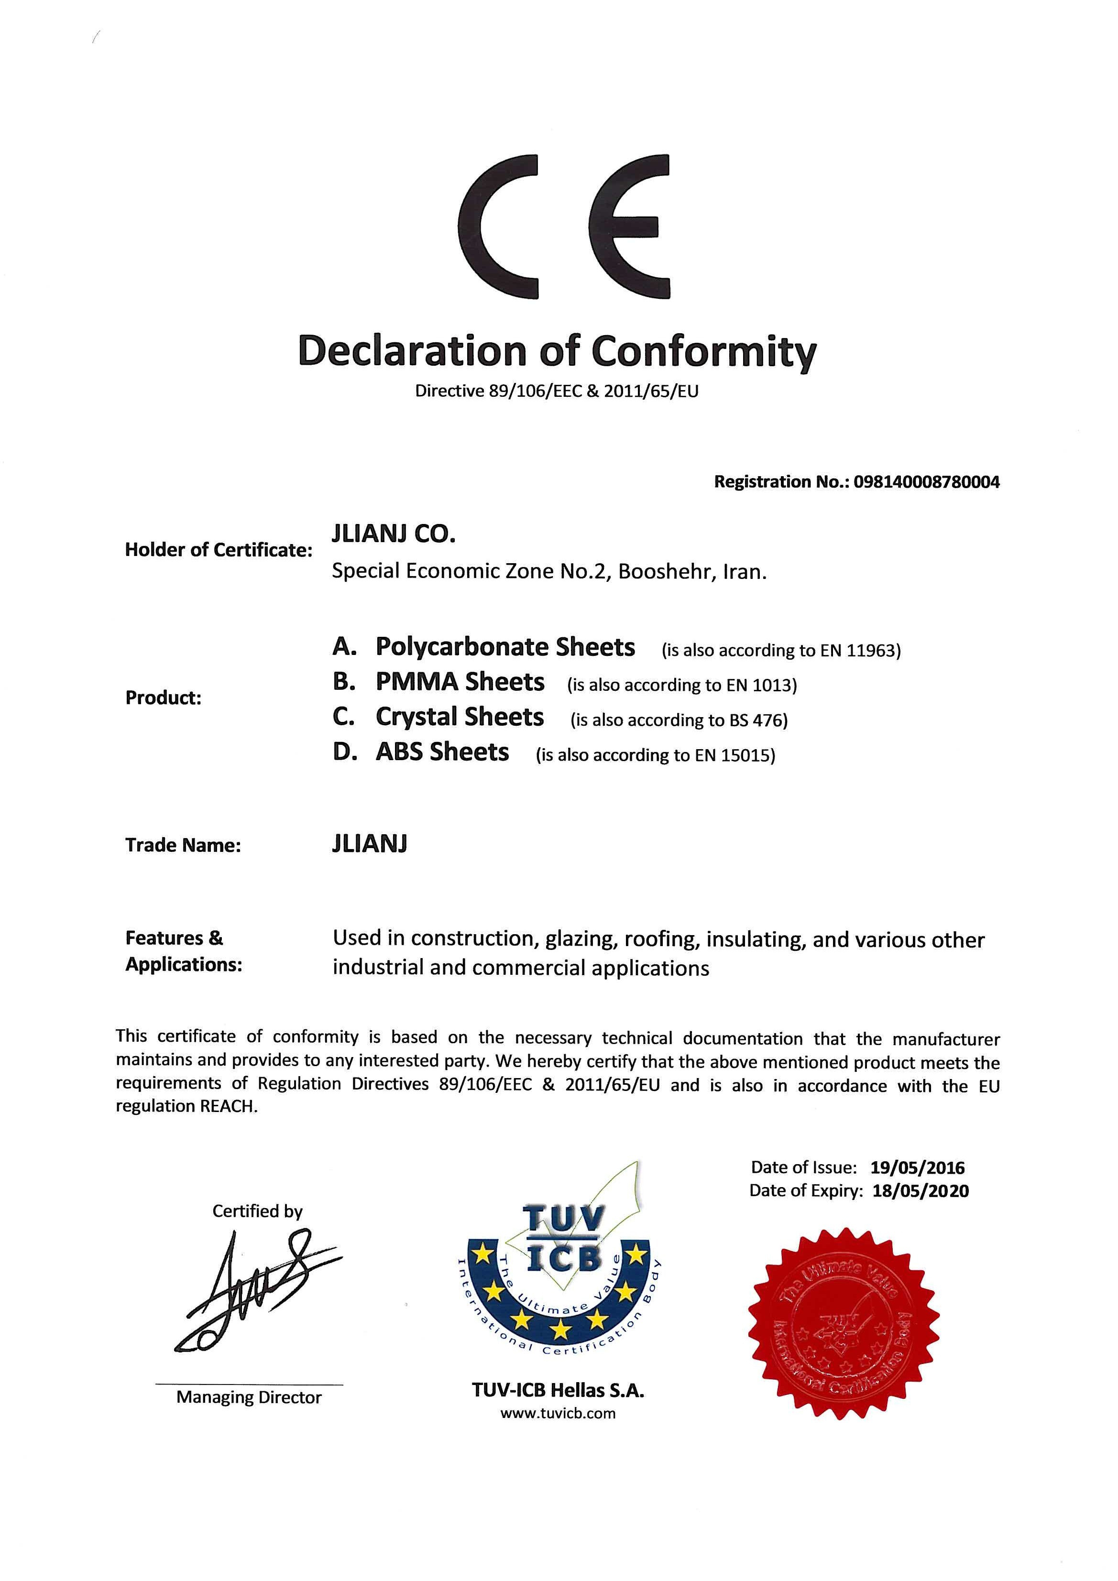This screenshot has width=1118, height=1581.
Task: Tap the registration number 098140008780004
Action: point(927,481)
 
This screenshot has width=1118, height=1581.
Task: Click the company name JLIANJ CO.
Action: point(394,534)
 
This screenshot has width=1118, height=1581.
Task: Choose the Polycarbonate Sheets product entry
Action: point(505,647)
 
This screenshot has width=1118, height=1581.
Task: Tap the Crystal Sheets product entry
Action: point(460,718)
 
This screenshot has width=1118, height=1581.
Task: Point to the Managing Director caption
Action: point(249,1397)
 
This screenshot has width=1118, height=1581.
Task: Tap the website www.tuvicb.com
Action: point(558,1414)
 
